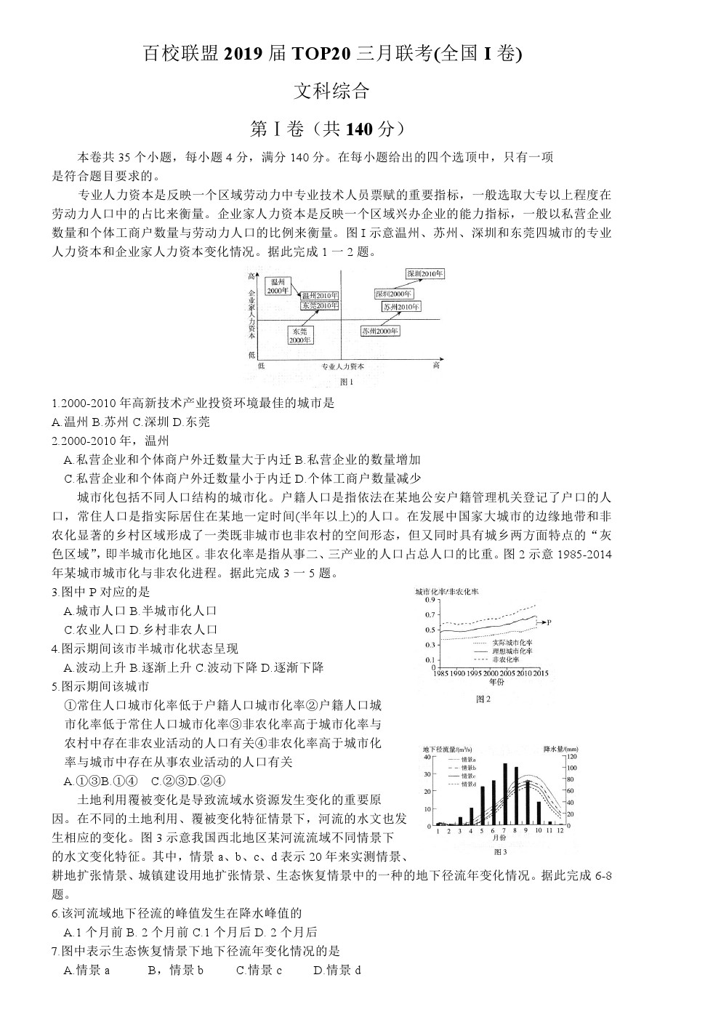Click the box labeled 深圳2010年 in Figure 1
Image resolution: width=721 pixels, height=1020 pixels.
(425, 274)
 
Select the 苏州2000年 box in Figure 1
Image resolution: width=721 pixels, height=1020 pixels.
(380, 331)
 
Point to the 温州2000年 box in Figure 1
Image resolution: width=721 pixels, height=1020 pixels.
(277, 286)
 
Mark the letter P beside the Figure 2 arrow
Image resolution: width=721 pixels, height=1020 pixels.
(549, 622)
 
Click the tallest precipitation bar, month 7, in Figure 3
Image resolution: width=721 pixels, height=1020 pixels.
(504, 795)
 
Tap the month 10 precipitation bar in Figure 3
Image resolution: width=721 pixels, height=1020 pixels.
(539, 814)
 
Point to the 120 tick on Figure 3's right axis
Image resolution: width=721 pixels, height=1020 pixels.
(571, 757)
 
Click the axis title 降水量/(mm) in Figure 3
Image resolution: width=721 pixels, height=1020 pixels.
(560, 748)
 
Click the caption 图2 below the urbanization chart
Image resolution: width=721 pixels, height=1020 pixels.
(483, 699)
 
